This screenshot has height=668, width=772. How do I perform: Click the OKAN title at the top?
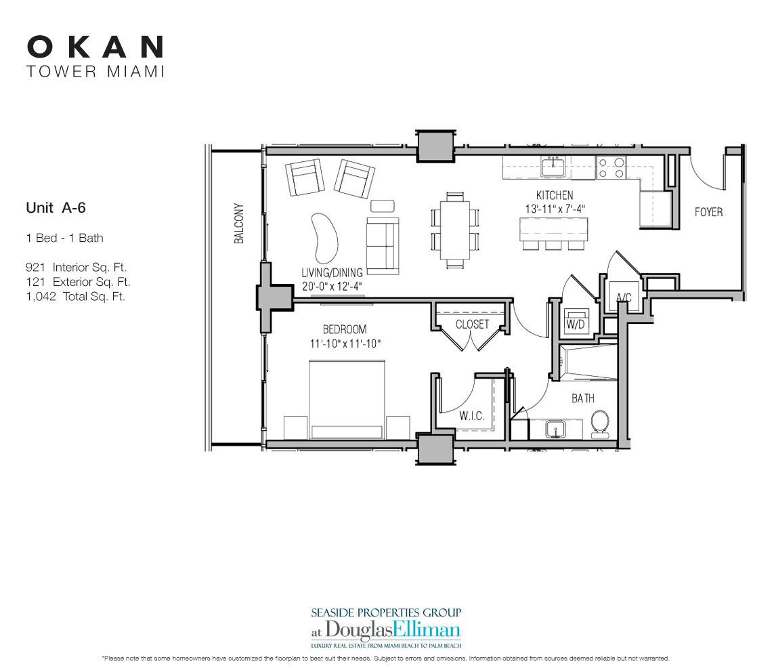[x=95, y=47]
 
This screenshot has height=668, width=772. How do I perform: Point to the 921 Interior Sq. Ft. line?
[x=76, y=268]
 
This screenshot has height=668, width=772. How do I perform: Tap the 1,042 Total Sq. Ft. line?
[x=75, y=296]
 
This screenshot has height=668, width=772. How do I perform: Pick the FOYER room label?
[x=708, y=212]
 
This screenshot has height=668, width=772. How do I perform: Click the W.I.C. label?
[x=471, y=416]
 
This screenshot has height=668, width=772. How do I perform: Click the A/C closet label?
[x=624, y=297]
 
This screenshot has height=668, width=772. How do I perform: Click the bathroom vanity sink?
[x=555, y=429]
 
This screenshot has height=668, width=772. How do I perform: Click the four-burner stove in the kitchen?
[x=611, y=167]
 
